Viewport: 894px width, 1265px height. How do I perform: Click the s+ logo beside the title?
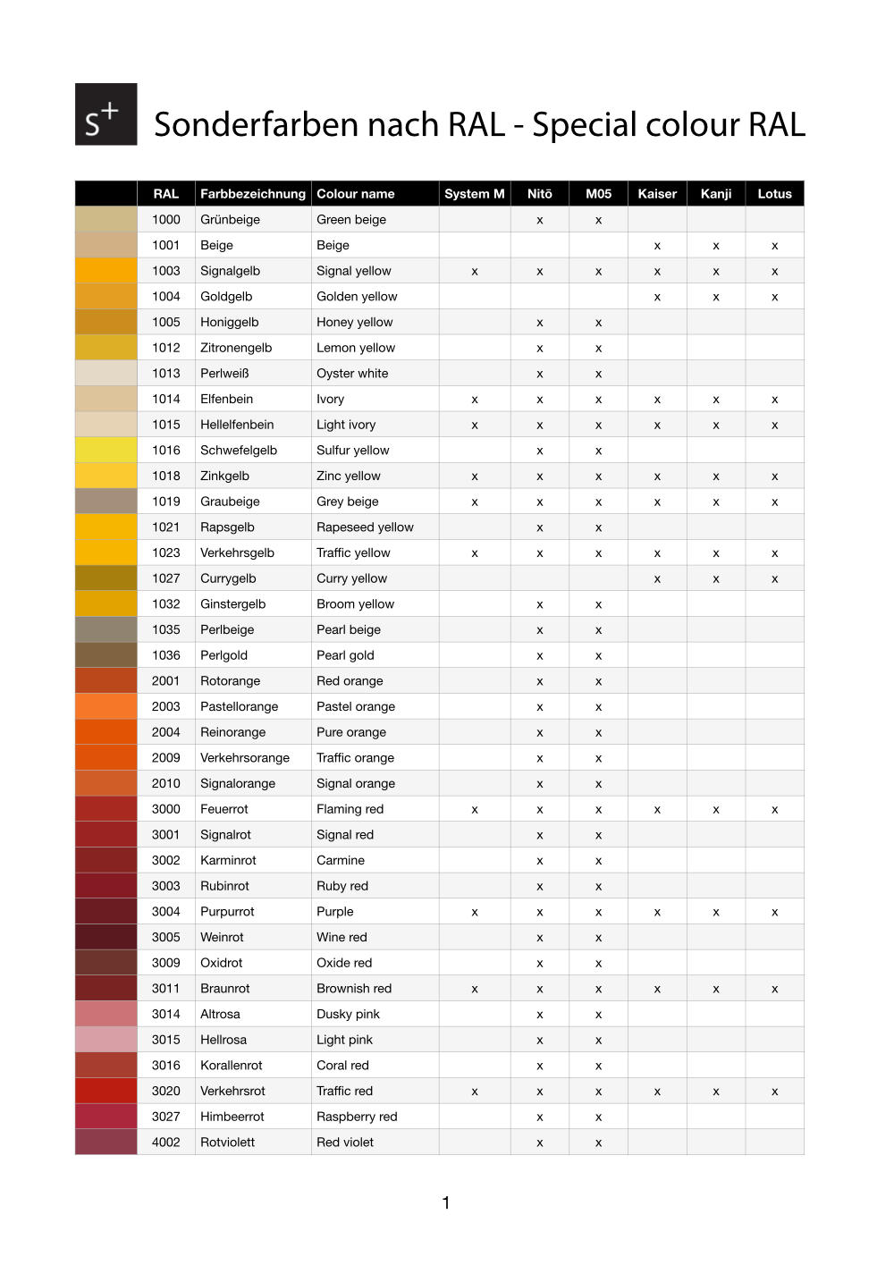(105, 114)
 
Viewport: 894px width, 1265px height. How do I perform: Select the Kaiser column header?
(657, 194)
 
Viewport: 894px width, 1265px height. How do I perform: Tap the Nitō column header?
(539, 194)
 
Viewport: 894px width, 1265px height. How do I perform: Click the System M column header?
(474, 194)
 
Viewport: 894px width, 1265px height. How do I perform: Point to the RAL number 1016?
(165, 451)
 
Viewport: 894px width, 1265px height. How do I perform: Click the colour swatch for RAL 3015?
(106, 1040)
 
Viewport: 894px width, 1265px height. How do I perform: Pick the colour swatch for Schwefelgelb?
(106, 451)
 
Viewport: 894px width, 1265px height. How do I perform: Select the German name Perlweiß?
(224, 374)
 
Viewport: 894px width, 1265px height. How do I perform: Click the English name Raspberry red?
(357, 1117)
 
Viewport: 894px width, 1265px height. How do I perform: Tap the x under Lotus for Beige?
(774, 246)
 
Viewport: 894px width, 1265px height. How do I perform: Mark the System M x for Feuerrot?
(474, 810)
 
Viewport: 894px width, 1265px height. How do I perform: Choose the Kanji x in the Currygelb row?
(716, 579)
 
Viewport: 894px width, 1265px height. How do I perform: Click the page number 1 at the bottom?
(446, 1203)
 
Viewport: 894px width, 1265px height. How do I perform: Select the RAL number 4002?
(165, 1143)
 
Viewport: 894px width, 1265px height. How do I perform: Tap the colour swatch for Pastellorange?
(106, 706)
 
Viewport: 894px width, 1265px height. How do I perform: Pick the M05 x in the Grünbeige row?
(598, 220)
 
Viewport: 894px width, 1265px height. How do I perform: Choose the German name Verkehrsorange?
(245, 758)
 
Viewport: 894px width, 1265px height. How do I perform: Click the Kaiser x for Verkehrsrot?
(657, 1092)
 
